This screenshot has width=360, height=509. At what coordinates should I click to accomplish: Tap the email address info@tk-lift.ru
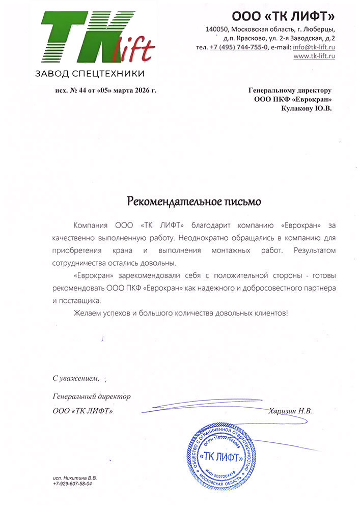pyautogui.click(x=314, y=47)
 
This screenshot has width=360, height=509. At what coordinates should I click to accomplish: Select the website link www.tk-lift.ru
pyautogui.click(x=314, y=56)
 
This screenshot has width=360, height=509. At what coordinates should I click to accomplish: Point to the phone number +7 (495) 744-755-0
pyautogui.click(x=239, y=47)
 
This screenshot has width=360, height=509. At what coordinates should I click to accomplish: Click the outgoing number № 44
pyautogui.click(x=76, y=90)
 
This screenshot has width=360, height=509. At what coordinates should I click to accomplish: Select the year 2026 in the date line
pyautogui.click(x=141, y=90)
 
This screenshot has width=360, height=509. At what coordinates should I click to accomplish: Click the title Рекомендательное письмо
pyautogui.click(x=193, y=202)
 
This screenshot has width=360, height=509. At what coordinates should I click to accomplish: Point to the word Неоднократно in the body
pyautogui.click(x=203, y=238)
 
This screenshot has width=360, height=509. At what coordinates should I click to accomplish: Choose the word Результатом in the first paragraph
pyautogui.click(x=309, y=250)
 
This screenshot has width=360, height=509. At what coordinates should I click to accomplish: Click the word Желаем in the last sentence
pyautogui.click(x=86, y=313)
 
